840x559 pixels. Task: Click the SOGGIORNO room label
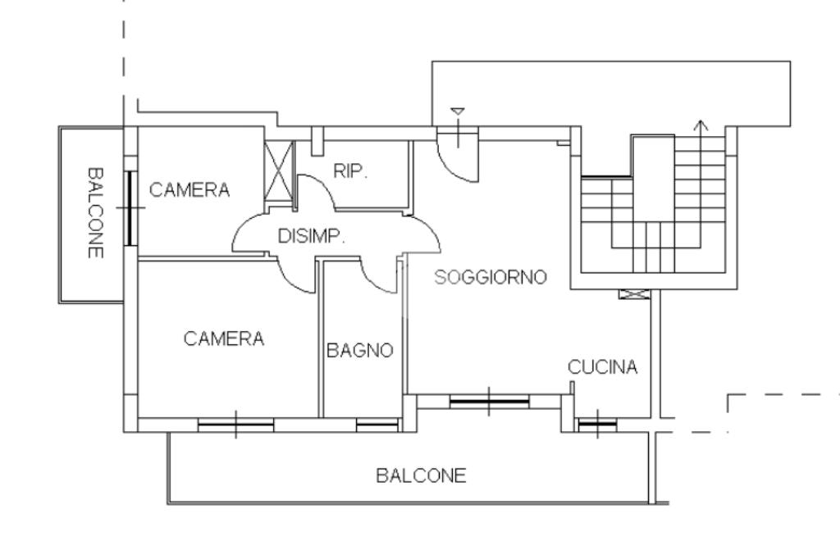coord(491,277)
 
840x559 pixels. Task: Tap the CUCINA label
coord(602,366)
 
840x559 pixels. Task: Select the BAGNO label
coord(360,350)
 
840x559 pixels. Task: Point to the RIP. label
coord(350,170)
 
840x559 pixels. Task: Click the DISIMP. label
coord(311,235)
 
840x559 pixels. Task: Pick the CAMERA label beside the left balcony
coord(189,189)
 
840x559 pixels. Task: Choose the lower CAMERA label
coord(223,339)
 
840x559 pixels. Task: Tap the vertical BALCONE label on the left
coord(95,212)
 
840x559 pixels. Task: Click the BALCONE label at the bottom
coord(421,475)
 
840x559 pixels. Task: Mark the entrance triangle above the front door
coord(457,111)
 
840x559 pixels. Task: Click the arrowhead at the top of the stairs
coord(701,125)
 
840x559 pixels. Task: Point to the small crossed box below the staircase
coord(635,294)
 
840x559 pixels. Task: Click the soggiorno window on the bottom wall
coord(489,401)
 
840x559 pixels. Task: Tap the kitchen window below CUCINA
coord(597,424)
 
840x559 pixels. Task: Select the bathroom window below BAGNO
coord(377,425)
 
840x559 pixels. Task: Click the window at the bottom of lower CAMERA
coord(235,425)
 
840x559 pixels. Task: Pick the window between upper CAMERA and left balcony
coord(130,207)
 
